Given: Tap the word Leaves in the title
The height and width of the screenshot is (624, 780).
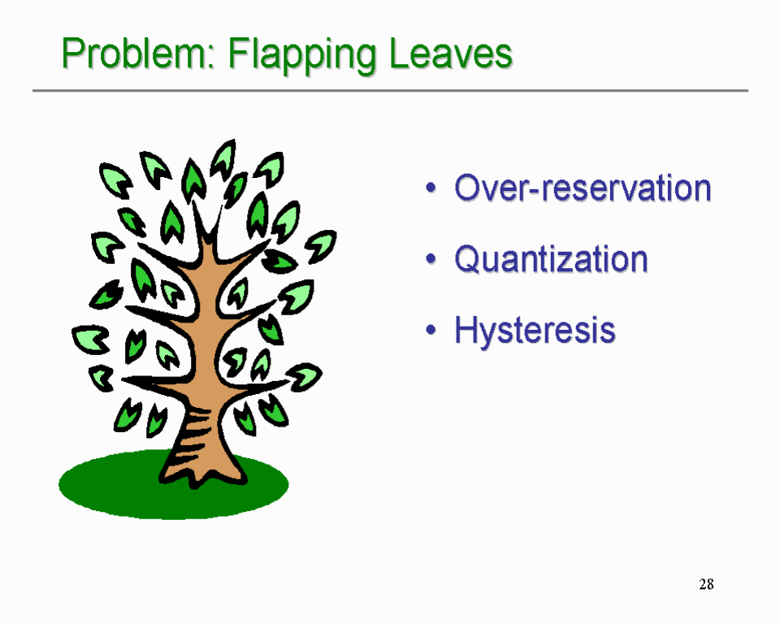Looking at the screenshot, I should click(451, 54).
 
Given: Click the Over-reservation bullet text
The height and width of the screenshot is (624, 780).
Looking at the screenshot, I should click(583, 188).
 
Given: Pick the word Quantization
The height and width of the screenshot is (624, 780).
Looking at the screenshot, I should click(551, 259).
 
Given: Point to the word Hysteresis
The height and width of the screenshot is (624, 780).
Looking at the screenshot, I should click(535, 330).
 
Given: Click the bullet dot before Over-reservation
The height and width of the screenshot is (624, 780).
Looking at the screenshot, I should click(431, 188).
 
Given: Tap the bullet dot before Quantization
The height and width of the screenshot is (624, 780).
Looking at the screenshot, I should click(431, 260).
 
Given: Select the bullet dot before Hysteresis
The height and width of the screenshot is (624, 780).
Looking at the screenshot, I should click(431, 331).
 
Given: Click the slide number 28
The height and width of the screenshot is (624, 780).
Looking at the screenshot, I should click(706, 584).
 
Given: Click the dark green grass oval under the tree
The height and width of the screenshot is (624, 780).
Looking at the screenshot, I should click(106, 487).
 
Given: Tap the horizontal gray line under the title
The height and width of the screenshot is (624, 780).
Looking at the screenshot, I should click(390, 90).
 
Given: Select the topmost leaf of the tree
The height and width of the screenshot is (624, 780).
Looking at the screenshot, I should click(223, 158).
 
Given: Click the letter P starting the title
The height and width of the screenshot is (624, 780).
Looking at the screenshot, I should click(73, 54).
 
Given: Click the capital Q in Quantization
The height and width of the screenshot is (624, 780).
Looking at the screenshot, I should click(468, 260).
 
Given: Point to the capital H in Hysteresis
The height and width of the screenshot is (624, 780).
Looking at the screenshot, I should click(466, 330).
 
